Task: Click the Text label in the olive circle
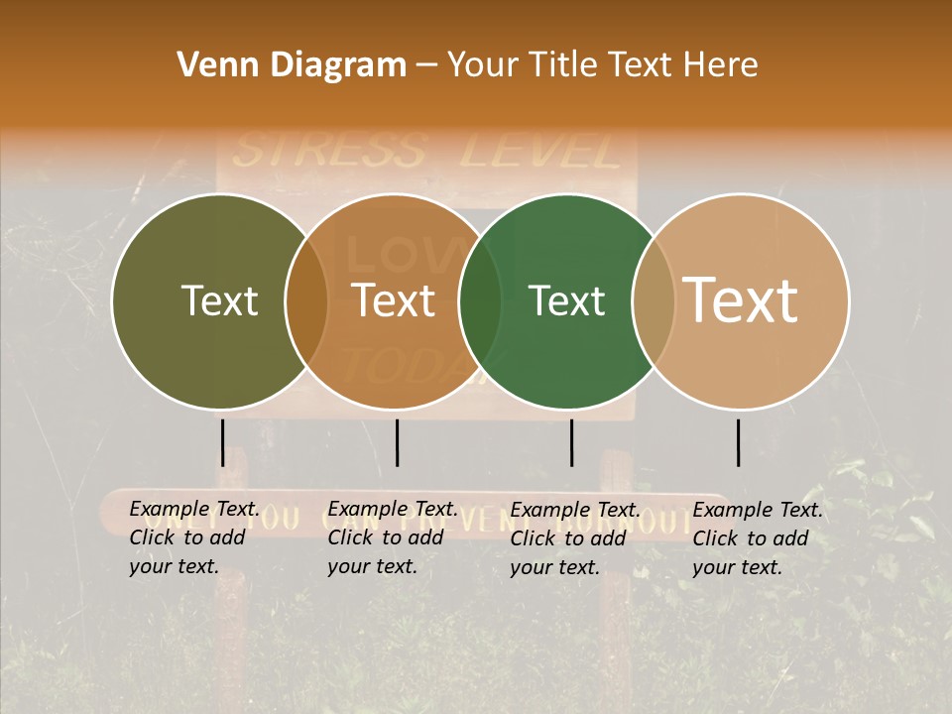pyautogui.click(x=219, y=300)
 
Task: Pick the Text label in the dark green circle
pyautogui.click(x=566, y=300)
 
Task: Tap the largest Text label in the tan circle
pyautogui.click(x=741, y=299)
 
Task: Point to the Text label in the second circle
pyautogui.click(x=394, y=300)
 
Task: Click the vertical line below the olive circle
pyautogui.click(x=222, y=442)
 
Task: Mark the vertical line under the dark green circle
pyautogui.click(x=571, y=442)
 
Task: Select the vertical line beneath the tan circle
pyautogui.click(x=738, y=442)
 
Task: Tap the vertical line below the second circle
pyautogui.click(x=397, y=442)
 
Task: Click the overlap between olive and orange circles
pyautogui.click(x=306, y=300)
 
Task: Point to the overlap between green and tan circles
pyautogui.click(x=654, y=300)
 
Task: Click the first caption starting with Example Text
pyautogui.click(x=192, y=537)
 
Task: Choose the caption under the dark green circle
pyautogui.click(x=574, y=538)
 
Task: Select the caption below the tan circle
pyautogui.click(x=757, y=538)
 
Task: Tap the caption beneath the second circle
pyautogui.click(x=392, y=537)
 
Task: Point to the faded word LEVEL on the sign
pyautogui.click(x=540, y=151)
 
